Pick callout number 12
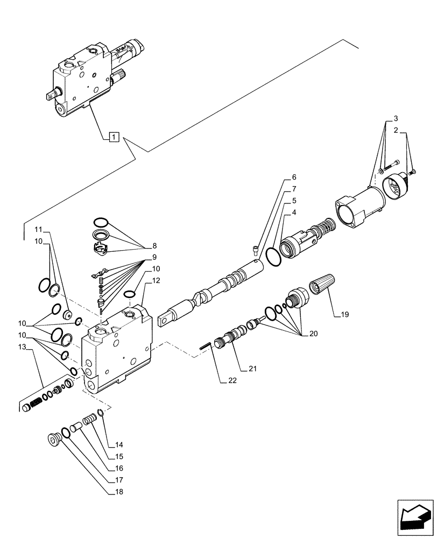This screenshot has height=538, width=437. (x=156, y=280)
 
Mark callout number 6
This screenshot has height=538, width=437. (x=294, y=177)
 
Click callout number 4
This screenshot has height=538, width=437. (x=294, y=213)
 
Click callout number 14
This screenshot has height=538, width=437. (x=119, y=445)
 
